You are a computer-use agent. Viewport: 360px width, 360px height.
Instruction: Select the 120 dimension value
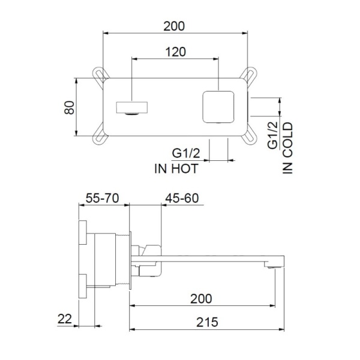click(x=175, y=52)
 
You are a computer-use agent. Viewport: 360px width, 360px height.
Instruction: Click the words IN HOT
click(x=176, y=169)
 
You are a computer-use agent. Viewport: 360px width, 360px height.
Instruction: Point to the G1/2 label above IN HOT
click(x=186, y=154)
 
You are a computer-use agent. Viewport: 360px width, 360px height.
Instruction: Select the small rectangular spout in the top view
click(x=130, y=108)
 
